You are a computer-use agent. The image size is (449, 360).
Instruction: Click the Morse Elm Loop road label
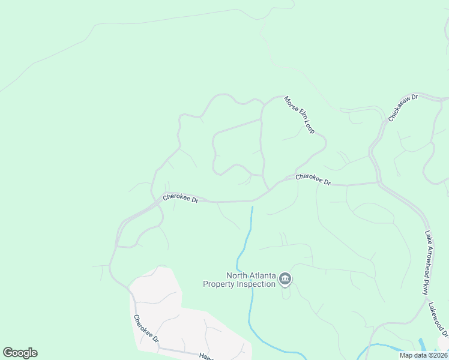[x=299, y=115]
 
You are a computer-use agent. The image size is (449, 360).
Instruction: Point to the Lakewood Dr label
[x=439, y=319]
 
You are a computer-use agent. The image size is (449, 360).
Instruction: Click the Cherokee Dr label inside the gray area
[x=146, y=329]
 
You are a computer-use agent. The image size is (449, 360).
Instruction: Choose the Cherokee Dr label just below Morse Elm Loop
[x=313, y=179]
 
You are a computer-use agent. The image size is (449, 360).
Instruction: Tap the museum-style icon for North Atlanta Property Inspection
[x=285, y=280]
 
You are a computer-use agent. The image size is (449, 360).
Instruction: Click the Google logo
[x=20, y=353]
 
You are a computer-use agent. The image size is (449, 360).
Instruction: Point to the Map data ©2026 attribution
[x=424, y=355]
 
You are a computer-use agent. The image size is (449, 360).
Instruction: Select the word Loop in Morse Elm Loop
[x=309, y=127]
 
